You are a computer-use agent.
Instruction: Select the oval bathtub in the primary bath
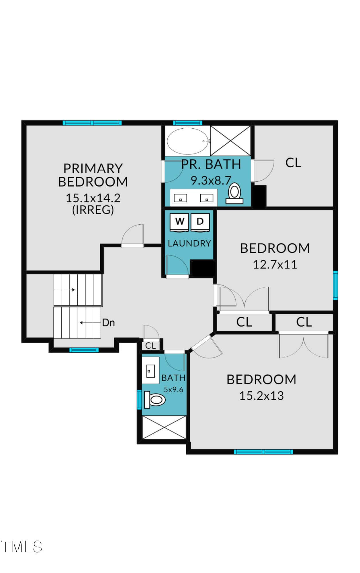tap(188, 141)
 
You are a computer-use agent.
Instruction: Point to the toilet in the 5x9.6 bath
tap(155, 399)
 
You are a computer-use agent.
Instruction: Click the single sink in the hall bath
tap(150, 370)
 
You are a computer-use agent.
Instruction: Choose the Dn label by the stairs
tap(109, 323)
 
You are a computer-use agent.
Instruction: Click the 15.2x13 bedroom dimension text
tap(261, 396)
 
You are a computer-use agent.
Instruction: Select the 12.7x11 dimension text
tap(275, 264)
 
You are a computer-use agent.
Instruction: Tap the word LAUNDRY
tap(189, 243)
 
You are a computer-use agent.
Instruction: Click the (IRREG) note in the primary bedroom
tap(93, 210)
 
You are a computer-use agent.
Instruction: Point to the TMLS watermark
tap(21, 547)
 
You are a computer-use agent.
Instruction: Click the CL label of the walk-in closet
tap(293, 163)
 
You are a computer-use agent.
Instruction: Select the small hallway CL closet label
tap(150, 346)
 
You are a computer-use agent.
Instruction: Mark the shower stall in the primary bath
tap(230, 141)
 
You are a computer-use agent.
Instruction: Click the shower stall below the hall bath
tap(165, 427)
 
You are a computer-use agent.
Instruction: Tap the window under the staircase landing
tap(84, 350)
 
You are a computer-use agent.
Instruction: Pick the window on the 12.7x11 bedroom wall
tap(335, 285)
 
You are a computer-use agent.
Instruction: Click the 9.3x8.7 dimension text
tap(211, 180)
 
